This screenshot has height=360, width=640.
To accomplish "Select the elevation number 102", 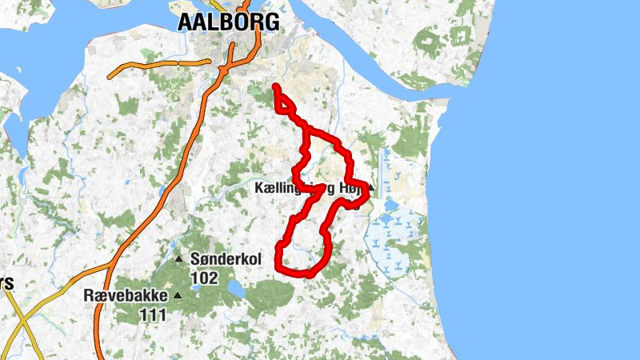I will click(204, 278).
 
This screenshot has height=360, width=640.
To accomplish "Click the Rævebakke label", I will click(126, 295).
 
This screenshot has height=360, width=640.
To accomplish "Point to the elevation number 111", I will click(153, 314).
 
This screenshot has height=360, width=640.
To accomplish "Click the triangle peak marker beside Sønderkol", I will click(179, 258).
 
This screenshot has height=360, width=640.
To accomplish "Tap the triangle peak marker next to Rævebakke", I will click(178, 295).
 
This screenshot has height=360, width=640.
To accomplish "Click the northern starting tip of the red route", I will click(275, 86).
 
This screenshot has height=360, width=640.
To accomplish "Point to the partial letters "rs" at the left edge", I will click(6, 283).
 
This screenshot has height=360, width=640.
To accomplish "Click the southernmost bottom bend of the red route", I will click(300, 274).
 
